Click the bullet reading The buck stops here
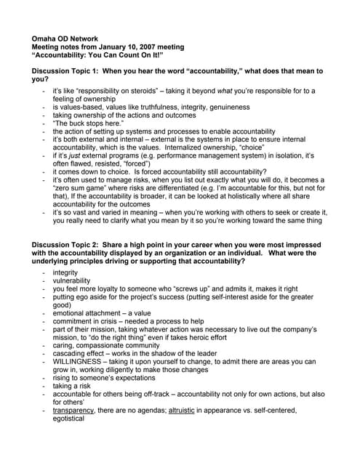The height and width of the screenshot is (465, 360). [x=88, y=123]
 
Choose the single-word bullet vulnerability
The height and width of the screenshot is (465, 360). [x=71, y=280]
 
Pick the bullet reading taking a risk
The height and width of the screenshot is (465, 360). [x=72, y=387]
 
